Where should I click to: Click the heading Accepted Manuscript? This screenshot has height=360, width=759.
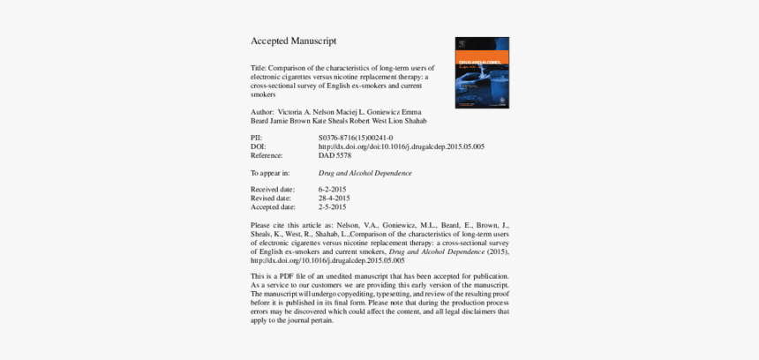293,41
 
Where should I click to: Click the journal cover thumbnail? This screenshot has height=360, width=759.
482,72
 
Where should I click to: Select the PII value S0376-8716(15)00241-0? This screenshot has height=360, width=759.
356,139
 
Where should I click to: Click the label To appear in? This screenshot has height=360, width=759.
269,173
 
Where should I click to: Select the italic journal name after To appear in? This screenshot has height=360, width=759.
364,173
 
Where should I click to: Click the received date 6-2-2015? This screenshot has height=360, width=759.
333,190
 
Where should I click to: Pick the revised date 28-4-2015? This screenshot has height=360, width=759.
334,199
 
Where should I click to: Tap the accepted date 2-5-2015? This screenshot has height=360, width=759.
333,207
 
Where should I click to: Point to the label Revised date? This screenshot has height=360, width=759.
271,199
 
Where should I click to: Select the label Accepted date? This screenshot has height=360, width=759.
272,207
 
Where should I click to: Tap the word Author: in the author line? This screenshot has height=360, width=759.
262,112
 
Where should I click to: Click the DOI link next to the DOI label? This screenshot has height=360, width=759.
401,146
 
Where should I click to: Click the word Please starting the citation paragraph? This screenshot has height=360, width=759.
261,226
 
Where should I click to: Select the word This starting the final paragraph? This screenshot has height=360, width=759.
258,276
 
